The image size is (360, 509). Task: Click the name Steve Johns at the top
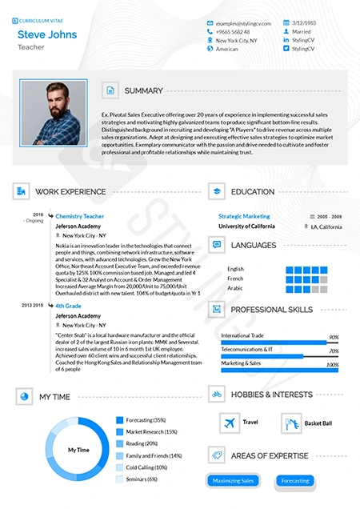[47, 34]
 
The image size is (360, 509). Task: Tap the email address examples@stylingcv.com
[244, 23]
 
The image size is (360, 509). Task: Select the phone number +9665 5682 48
[233, 31]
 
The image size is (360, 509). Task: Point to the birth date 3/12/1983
[305, 23]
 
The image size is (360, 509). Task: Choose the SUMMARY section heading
[143, 90]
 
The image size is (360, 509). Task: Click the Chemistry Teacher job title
[79, 216]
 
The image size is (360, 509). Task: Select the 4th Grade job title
[68, 306]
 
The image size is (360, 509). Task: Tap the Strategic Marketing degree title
[244, 216]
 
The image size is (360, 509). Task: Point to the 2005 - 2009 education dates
[329, 216]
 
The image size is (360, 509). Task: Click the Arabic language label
[235, 288]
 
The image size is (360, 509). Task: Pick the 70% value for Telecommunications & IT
[334, 351]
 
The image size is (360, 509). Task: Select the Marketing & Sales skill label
[241, 363]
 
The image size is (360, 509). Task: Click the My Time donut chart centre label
[78, 449]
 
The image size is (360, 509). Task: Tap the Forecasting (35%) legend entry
[145, 419]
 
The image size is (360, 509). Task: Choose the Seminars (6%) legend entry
[141, 479]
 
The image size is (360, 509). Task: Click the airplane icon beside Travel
[230, 422]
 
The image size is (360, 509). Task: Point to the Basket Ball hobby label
[318, 423]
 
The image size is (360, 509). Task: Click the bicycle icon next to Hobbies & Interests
[216, 394]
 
